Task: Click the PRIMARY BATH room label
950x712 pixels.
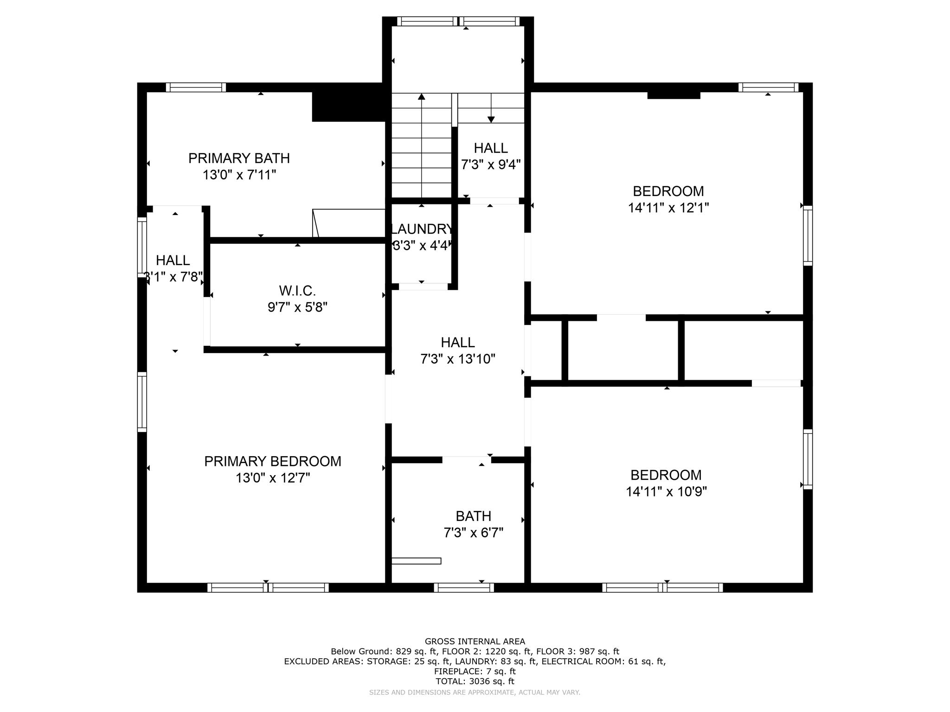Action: [239, 159]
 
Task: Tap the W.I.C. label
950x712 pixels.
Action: [297, 291]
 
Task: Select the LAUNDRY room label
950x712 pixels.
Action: [422, 229]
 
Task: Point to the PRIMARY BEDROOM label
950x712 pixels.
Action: [273, 461]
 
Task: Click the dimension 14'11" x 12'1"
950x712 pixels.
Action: [668, 208]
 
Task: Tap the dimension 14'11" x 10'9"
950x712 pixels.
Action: [666, 491]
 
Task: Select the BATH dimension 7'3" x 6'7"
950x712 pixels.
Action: [473, 533]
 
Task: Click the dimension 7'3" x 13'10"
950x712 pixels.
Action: [458, 359]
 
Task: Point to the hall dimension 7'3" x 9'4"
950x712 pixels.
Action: [491, 165]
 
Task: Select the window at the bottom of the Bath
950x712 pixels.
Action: [464, 588]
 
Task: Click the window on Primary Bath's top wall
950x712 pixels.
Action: [196, 87]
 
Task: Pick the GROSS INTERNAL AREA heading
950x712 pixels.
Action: [475, 642]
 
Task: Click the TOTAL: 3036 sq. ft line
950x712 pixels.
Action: [475, 681]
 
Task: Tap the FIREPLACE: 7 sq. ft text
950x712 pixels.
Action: [475, 671]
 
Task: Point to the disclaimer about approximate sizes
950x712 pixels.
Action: [475, 693]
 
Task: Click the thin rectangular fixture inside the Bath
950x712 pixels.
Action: [416, 561]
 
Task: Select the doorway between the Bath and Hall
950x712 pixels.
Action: [467, 460]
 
